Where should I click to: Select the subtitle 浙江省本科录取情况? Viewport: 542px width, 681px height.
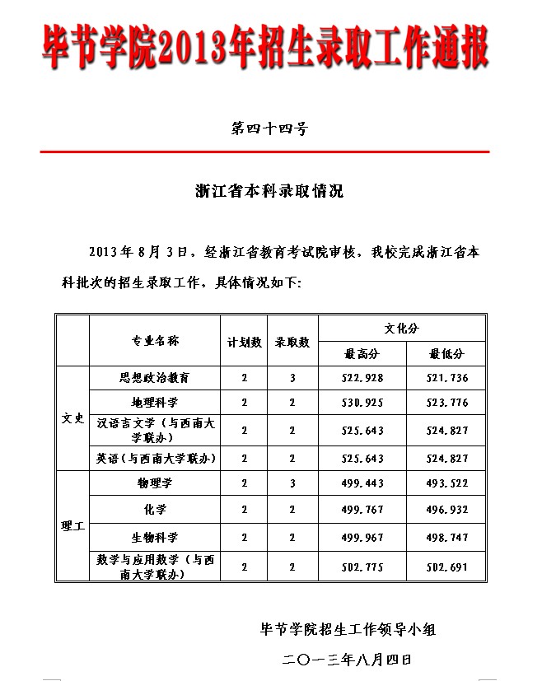269,191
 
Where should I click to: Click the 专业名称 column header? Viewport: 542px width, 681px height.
156,341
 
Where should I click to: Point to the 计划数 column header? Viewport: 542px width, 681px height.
245,342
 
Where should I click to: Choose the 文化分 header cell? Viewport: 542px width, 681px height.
402,328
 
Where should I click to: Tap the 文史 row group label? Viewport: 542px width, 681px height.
73,418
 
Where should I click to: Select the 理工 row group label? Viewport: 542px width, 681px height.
73,525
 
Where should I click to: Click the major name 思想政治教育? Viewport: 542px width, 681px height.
156,378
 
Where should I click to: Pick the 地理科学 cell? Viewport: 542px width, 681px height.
156,403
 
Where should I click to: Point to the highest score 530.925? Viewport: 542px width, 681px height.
362,403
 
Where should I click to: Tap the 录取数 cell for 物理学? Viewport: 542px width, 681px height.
292,483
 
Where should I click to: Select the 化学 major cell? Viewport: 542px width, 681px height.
156,510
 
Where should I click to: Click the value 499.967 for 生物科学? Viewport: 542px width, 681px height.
362,538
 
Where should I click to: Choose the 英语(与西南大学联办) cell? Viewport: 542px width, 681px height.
156,458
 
